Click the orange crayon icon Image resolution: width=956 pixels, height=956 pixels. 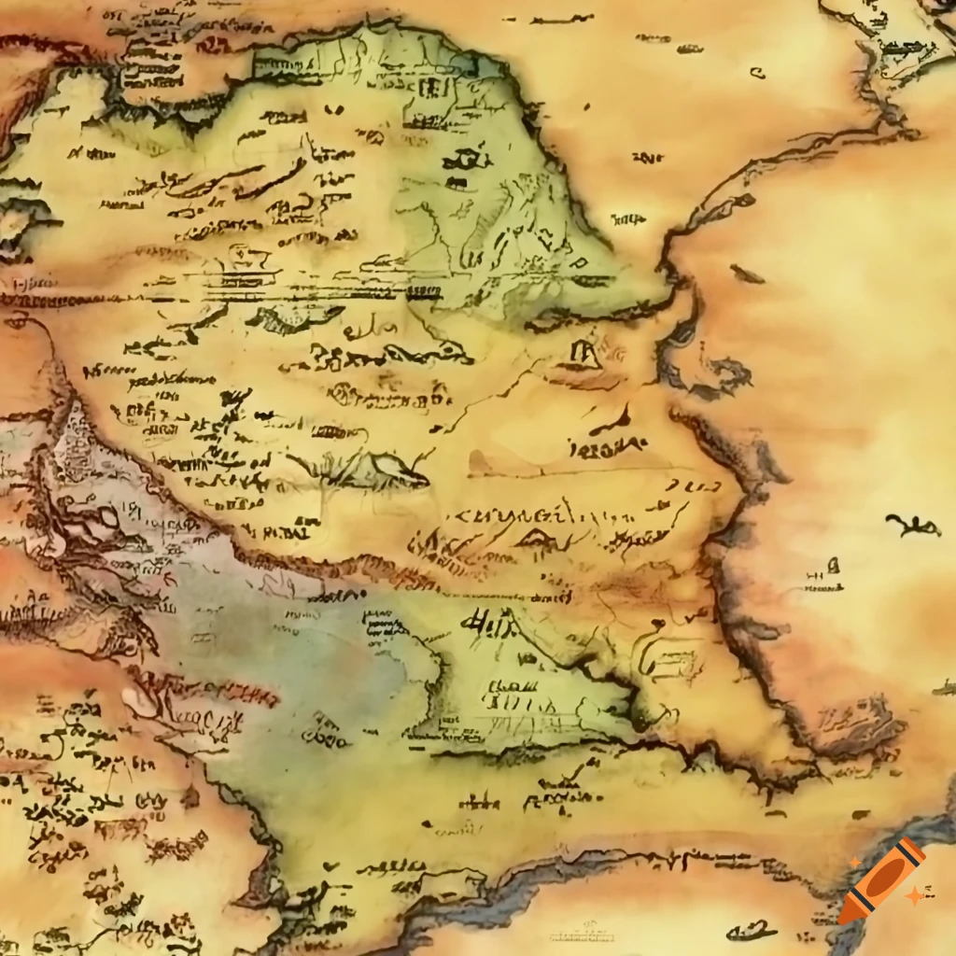[880, 881]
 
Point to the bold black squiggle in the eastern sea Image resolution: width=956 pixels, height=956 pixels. [912, 526]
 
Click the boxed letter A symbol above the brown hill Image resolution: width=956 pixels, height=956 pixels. [583, 353]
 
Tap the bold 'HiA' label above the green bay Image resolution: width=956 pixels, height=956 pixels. [491, 621]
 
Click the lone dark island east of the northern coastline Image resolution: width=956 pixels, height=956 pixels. [746, 274]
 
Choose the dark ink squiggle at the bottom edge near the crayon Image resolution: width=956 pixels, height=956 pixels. [752, 930]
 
